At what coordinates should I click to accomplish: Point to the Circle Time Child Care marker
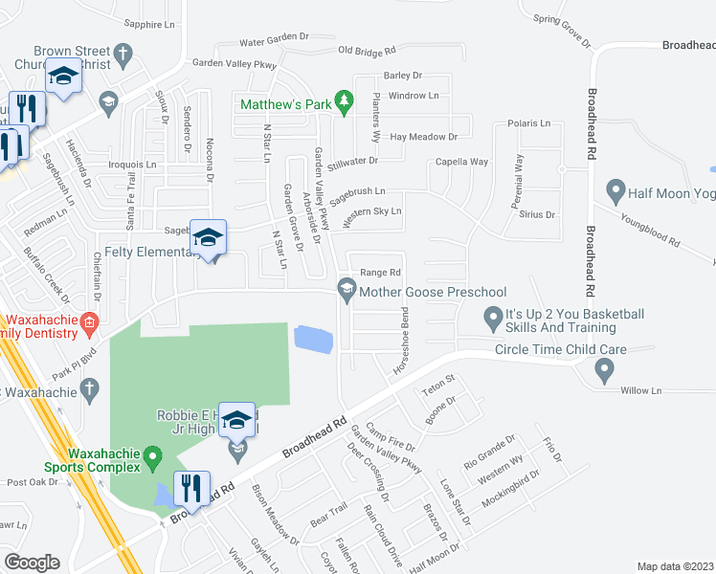click(603, 367)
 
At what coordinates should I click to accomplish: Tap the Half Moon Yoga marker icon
click(615, 193)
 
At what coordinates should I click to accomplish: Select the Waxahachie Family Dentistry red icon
click(89, 322)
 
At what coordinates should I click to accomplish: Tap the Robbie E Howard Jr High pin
click(237, 421)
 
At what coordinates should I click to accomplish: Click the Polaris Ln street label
click(529, 123)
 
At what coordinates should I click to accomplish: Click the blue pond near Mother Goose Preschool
click(314, 338)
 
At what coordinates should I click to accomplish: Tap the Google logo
click(32, 562)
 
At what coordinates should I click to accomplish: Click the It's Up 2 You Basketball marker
click(493, 315)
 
